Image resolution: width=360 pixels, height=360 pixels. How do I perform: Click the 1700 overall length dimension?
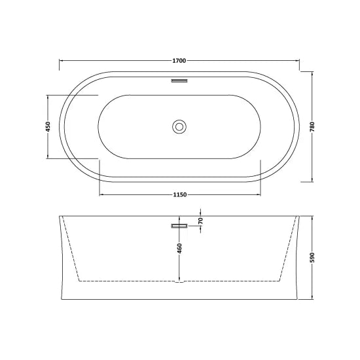(179, 60)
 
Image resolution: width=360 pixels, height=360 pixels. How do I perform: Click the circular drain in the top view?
(179, 126)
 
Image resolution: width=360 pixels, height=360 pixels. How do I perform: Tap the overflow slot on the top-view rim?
(179, 81)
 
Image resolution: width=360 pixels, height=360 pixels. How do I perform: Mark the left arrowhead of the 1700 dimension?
(62, 60)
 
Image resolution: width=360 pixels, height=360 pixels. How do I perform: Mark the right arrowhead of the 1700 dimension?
(297, 60)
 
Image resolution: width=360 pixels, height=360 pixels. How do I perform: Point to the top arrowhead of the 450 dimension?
(48, 96)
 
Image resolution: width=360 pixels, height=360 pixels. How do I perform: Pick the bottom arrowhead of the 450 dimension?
(48, 156)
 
